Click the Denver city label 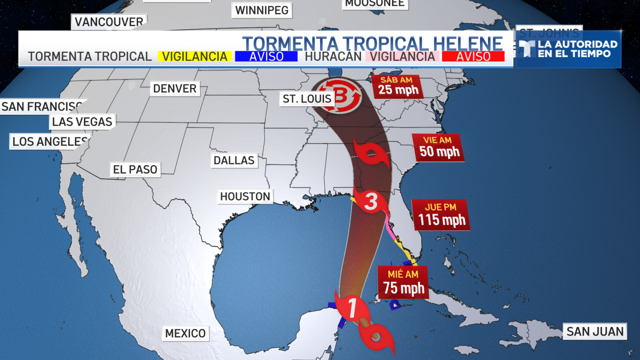[x=174, y=89]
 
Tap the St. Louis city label [x=307, y=99]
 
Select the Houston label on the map [x=245, y=196]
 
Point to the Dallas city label [x=234, y=160]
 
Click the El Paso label [x=135, y=170]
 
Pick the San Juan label [x=595, y=332]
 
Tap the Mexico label [x=185, y=333]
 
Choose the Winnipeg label [x=261, y=10]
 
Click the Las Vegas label [x=82, y=122]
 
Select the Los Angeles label [x=49, y=141]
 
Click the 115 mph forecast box [x=441, y=215]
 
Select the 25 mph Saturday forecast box [x=398, y=86]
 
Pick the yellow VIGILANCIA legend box [x=195, y=57]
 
